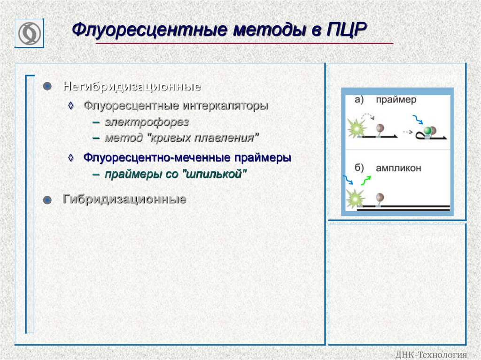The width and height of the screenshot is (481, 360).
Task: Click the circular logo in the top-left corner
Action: tap(29, 33)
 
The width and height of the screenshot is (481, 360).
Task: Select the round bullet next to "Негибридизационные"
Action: tap(47, 87)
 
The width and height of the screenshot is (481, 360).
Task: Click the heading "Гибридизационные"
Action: tap(124, 199)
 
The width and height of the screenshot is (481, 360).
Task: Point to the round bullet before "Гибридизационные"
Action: tap(47, 200)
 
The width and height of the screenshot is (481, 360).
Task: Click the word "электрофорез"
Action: tap(147, 123)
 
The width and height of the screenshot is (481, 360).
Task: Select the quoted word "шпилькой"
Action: tap(216, 174)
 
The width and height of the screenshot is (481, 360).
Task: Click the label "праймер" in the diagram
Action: tap(396, 100)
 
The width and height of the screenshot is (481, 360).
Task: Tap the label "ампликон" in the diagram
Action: tap(398, 168)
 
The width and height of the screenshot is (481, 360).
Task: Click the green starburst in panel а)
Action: tap(357, 128)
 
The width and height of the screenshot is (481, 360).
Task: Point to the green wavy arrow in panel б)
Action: tap(366, 180)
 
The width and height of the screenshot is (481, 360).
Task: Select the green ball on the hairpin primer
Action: tap(427, 130)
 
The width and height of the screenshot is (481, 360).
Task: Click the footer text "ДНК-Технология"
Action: tap(432, 354)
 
